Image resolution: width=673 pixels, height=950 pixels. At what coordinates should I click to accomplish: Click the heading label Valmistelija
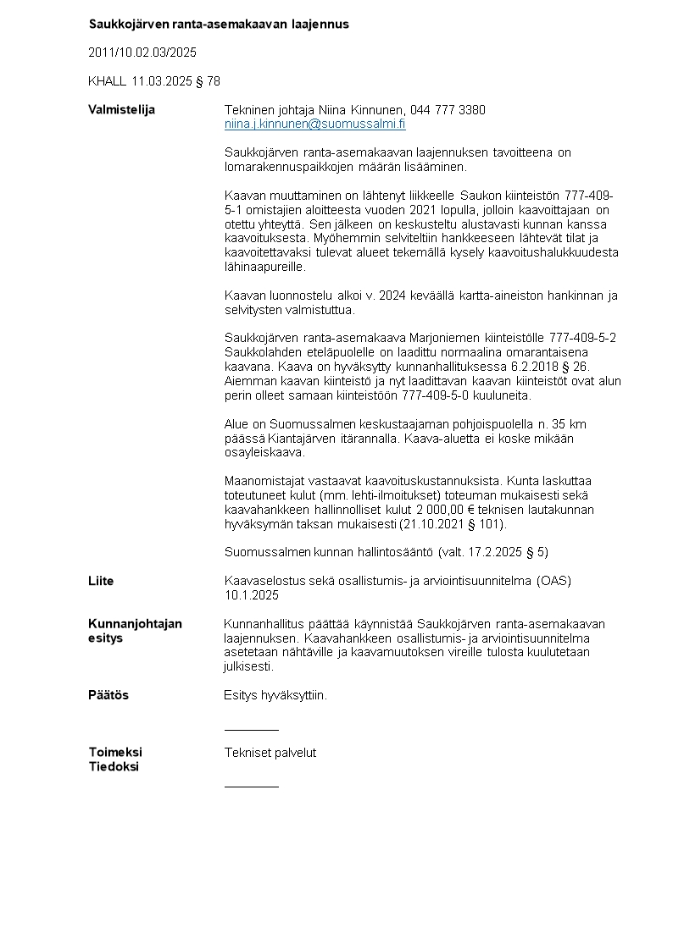121,110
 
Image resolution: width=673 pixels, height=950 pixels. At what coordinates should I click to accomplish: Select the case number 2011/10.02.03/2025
142,52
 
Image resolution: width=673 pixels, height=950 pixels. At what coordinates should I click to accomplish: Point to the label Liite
101,581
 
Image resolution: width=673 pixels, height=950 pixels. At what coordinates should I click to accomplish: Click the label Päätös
108,695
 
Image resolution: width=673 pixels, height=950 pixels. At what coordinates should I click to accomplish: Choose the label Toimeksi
115,752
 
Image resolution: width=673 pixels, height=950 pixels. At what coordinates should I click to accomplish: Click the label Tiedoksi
114,767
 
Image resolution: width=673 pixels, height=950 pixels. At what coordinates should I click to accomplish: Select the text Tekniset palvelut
270,752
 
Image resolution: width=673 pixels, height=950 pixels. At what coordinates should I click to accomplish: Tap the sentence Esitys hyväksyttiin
275,695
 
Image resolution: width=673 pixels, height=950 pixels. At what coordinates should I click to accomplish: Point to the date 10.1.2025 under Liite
251,595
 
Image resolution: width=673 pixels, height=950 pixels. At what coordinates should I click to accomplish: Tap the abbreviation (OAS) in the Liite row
553,581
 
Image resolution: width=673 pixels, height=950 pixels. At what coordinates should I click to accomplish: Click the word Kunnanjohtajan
135,623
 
